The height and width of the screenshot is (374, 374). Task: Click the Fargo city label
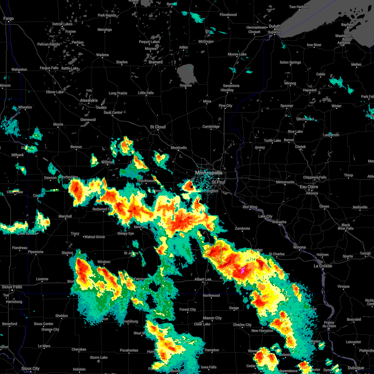tap(8, 19)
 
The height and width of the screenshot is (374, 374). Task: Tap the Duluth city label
tap(275, 26)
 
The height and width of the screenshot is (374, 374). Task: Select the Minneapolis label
tap(209, 173)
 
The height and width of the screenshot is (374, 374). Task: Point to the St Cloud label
tap(158, 127)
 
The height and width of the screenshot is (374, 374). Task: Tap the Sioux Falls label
tap(12, 287)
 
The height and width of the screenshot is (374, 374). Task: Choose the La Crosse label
tap(323, 266)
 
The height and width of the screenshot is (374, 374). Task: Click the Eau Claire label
tap(309, 187)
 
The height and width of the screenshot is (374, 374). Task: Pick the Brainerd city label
tap(156, 62)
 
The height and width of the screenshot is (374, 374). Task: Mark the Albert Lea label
tap(203, 279)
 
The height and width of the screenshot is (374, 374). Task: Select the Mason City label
tap(212, 318)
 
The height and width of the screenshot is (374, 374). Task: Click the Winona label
tap(299, 247)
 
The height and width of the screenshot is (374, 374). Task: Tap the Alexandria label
tap(89, 101)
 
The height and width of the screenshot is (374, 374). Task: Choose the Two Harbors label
tap(299, 7)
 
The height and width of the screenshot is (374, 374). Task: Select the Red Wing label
tap(250, 207)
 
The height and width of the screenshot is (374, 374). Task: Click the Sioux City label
tap(30, 368)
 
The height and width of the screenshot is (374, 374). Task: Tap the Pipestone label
tap(36, 252)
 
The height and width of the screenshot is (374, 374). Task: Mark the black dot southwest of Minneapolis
tap(191, 187)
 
